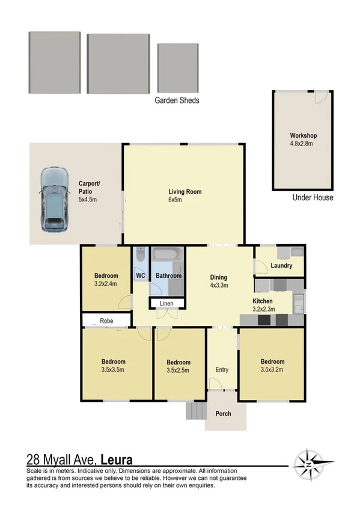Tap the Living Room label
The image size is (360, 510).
(x=185, y=195)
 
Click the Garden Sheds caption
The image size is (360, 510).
(x=177, y=100)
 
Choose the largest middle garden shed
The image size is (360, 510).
(x=118, y=63)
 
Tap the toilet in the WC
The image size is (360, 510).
(x=139, y=257)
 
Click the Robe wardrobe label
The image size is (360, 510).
(x=107, y=321)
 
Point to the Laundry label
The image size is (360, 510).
(x=281, y=265)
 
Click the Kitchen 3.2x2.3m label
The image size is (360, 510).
(x=263, y=304)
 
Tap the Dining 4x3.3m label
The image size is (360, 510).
(x=218, y=281)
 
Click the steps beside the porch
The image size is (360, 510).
(x=195, y=411)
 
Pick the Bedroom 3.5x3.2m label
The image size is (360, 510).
(x=272, y=366)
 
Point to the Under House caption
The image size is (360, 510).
(x=313, y=198)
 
